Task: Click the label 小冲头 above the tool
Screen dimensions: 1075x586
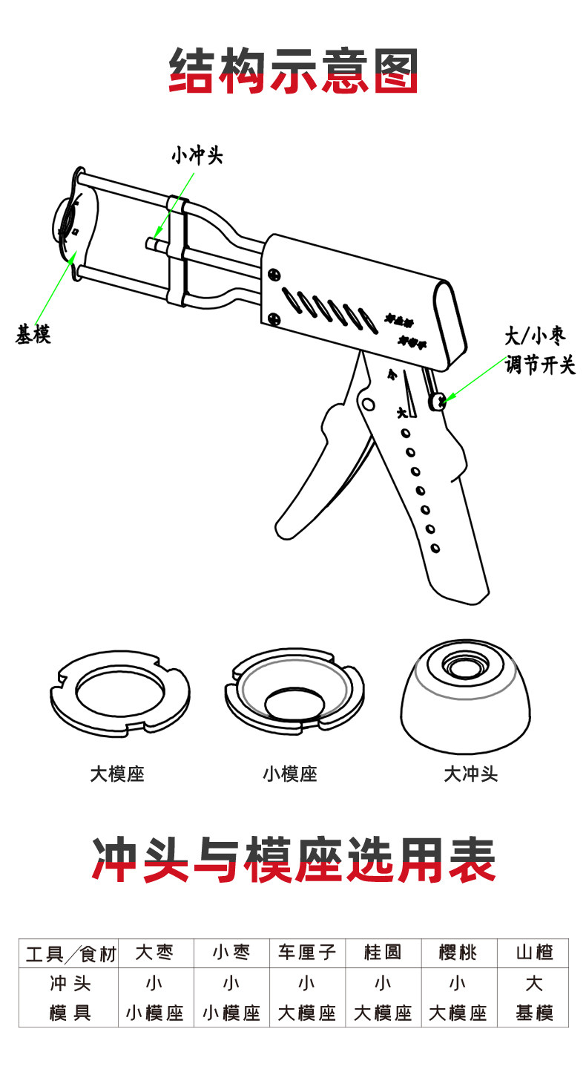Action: point(197,156)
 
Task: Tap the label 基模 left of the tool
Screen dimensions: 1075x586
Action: point(33,335)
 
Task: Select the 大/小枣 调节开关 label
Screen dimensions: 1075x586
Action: point(540,350)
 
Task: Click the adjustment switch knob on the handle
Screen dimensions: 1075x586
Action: point(438,402)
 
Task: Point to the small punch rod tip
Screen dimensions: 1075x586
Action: point(151,242)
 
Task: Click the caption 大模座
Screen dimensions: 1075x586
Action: point(117,774)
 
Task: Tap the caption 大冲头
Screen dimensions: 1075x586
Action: point(470,774)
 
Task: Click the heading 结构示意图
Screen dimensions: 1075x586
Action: point(294,71)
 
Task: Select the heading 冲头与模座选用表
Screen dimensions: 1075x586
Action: point(294,861)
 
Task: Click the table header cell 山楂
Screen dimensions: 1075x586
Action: point(534,953)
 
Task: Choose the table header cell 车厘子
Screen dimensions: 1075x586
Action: point(307,953)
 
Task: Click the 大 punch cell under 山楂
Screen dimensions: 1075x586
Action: point(534,984)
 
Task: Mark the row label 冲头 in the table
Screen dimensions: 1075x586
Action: point(70,984)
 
